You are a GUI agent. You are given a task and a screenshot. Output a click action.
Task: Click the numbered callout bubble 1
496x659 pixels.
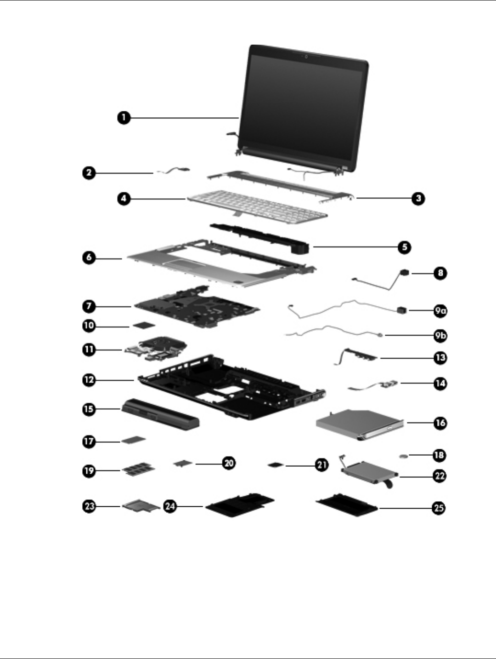tap(123, 118)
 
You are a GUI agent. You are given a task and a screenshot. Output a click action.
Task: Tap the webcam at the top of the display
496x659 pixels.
tap(305, 57)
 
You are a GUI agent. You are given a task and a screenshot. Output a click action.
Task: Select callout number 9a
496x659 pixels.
tap(440, 311)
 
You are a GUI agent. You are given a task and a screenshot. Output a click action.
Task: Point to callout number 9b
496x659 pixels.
tap(440, 336)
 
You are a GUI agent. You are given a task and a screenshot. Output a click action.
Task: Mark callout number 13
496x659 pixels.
tap(440, 358)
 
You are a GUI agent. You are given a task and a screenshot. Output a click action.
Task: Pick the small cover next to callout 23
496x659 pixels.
tap(141, 506)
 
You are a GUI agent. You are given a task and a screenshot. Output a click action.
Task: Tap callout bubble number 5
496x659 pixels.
tap(404, 247)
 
